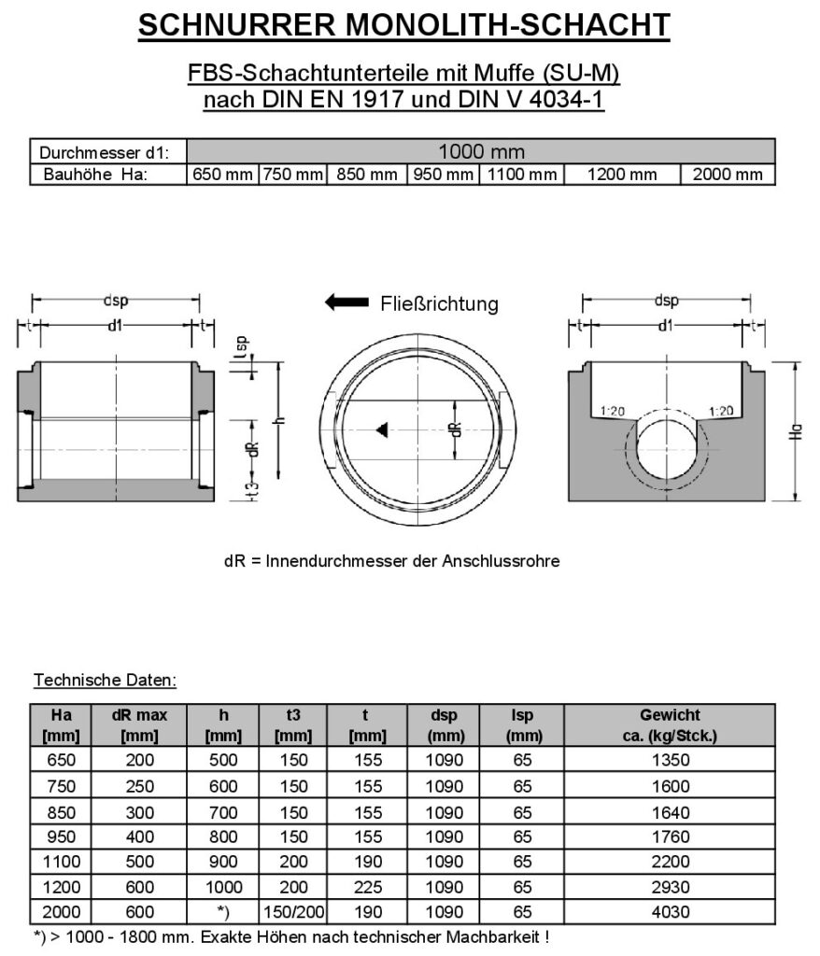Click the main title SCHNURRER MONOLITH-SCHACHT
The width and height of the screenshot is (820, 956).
pos(403,25)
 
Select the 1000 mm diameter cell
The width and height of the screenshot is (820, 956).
pos(481,151)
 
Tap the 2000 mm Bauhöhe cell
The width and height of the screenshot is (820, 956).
pos(728,175)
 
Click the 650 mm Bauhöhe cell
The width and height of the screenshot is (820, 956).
pos(222,175)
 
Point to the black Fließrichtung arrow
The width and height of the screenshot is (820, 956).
pos(346,302)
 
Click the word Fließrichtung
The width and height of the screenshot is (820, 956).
pos(439,303)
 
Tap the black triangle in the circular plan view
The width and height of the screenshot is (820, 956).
pos(381,429)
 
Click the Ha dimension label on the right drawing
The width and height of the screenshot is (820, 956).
pos(794,432)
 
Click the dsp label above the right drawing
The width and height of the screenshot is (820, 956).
pos(666,301)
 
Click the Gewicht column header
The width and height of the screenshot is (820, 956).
pos(670,724)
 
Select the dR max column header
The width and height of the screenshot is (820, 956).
pos(139,724)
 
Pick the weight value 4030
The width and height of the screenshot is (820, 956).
pos(670,912)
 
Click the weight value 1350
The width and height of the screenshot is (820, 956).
pos(670,760)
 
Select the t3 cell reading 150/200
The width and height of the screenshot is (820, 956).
pos(293,912)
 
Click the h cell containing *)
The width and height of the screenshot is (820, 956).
pos(223,912)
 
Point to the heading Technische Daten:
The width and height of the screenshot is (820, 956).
pos(105,680)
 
